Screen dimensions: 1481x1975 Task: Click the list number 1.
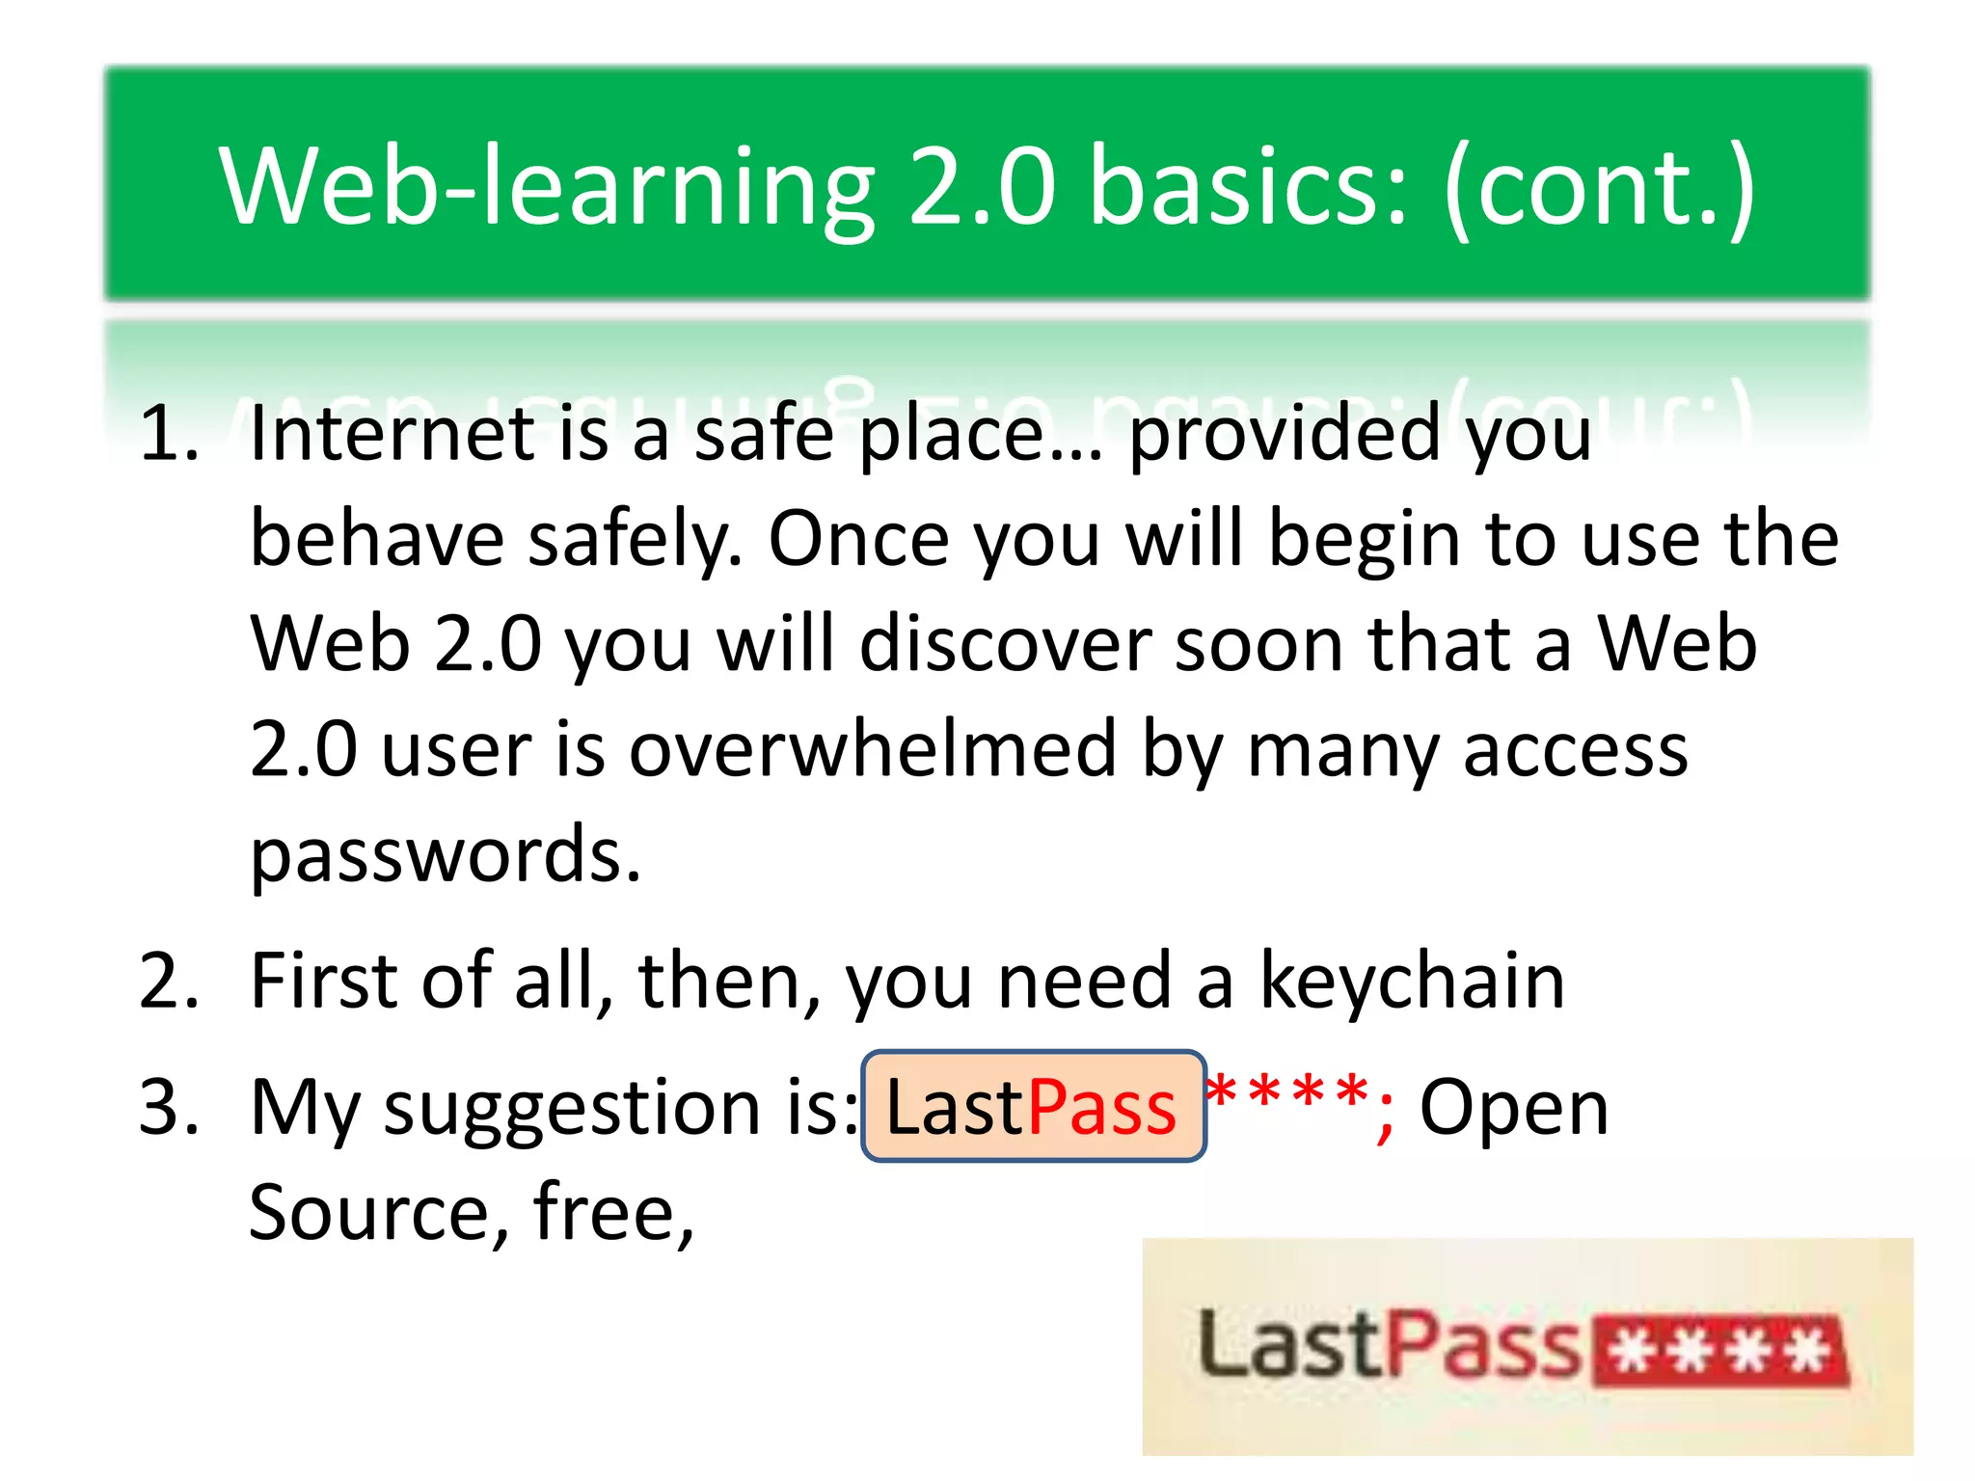pos(168,433)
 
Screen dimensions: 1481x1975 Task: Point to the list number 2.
pos(168,982)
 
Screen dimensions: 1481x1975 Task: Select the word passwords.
pos(445,855)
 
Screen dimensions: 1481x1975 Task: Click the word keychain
pos(1412,982)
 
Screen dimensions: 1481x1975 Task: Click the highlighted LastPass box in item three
pos(1033,1107)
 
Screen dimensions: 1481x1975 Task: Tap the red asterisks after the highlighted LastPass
pos(1287,1094)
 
